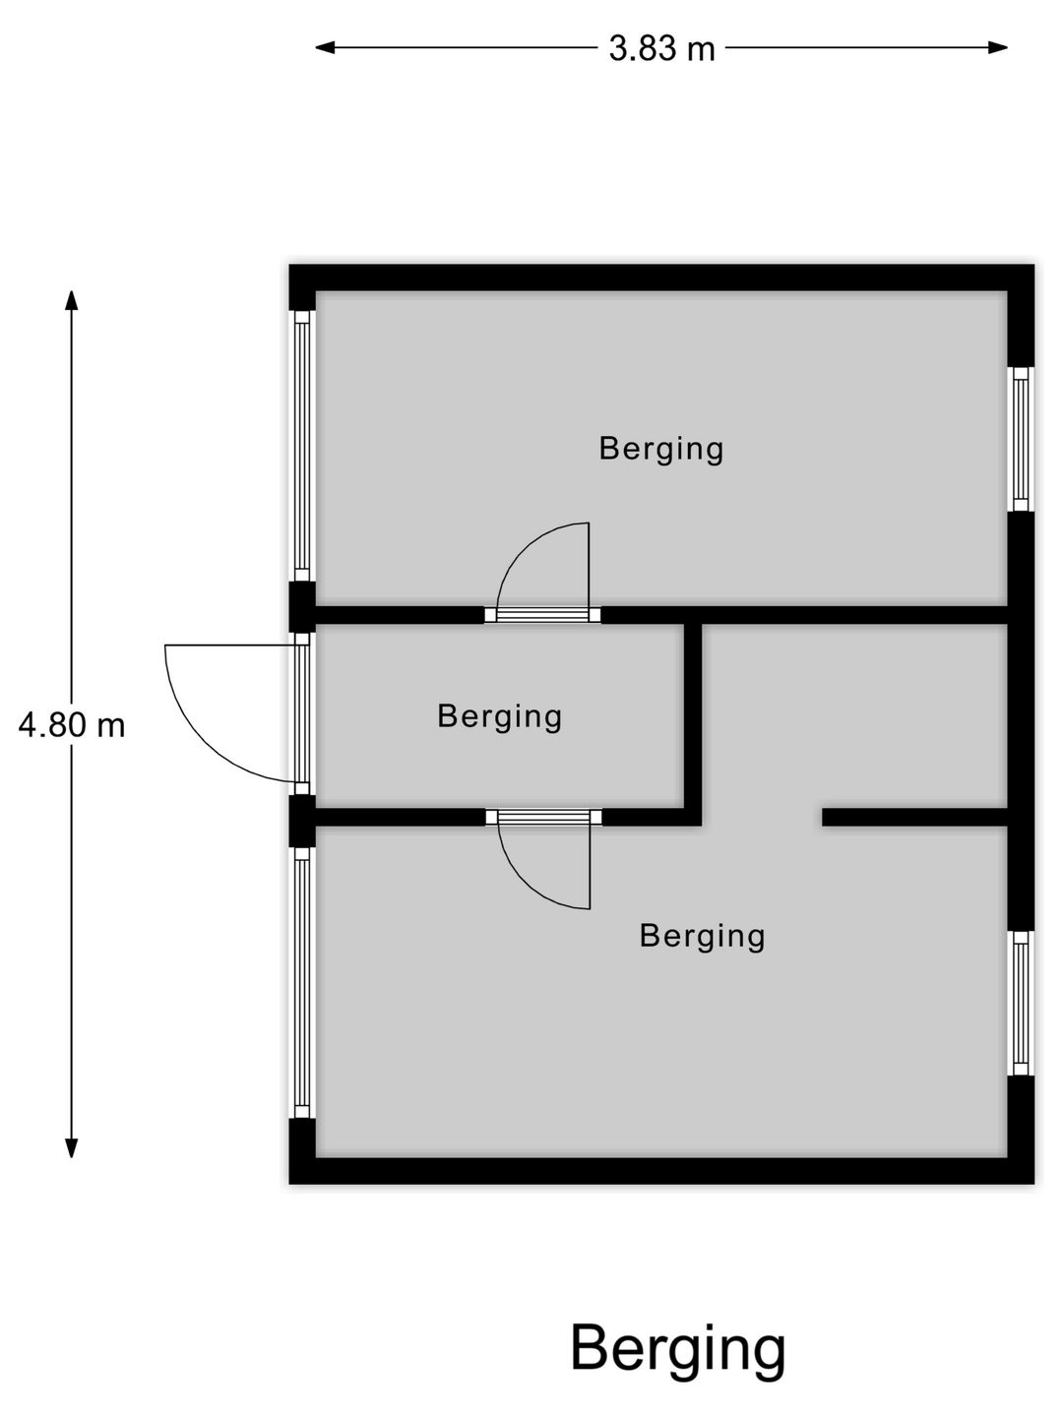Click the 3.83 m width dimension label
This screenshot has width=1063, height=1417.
point(661,48)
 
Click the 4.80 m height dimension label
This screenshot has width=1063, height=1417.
point(72,726)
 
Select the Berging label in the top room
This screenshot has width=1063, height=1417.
point(661,449)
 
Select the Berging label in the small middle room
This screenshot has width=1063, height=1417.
point(500,716)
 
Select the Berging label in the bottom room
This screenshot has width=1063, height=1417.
point(702,936)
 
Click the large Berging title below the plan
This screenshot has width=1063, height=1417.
point(678,1349)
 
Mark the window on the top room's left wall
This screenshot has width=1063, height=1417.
point(302,446)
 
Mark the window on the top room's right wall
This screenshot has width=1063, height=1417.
point(1021,439)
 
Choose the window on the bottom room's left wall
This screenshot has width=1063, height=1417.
point(302,982)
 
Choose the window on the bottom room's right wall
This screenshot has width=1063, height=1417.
point(1021,1003)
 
